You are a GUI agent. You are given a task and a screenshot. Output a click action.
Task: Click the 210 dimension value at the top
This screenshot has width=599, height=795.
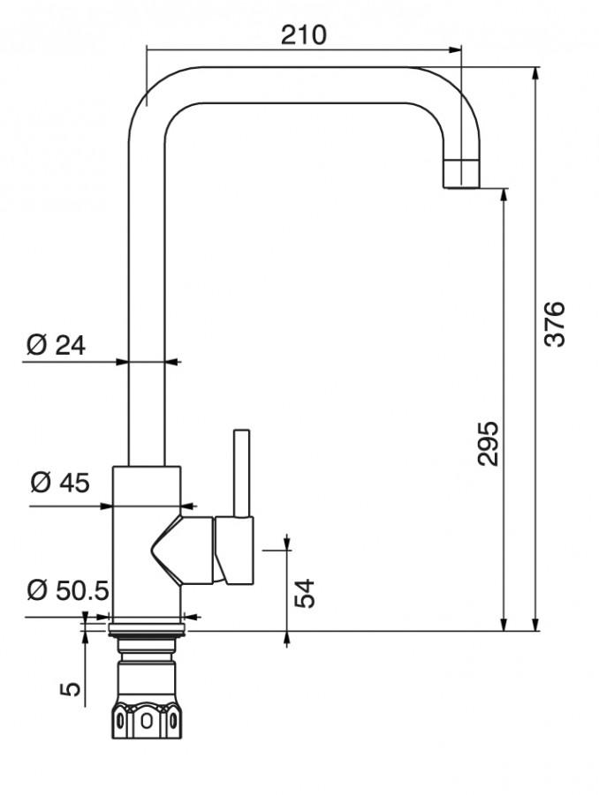coord(303,34)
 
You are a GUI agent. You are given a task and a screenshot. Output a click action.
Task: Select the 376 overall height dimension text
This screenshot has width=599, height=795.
coord(553,324)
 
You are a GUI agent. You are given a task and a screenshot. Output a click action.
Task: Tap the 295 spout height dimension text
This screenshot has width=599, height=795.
coord(489,444)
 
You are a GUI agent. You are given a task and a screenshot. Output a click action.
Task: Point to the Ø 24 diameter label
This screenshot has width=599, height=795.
coord(56,345)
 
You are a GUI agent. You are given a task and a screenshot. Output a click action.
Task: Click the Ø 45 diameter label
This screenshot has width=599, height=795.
coord(59,483)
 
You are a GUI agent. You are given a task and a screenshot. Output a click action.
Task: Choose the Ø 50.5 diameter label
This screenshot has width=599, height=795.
coord(68,590)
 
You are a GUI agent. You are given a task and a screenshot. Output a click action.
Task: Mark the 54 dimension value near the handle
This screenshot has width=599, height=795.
coord(304,593)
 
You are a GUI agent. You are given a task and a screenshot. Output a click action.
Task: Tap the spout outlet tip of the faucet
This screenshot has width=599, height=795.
coord(460,174)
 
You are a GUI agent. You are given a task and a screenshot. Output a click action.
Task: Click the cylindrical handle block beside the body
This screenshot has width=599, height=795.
coord(234,551)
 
